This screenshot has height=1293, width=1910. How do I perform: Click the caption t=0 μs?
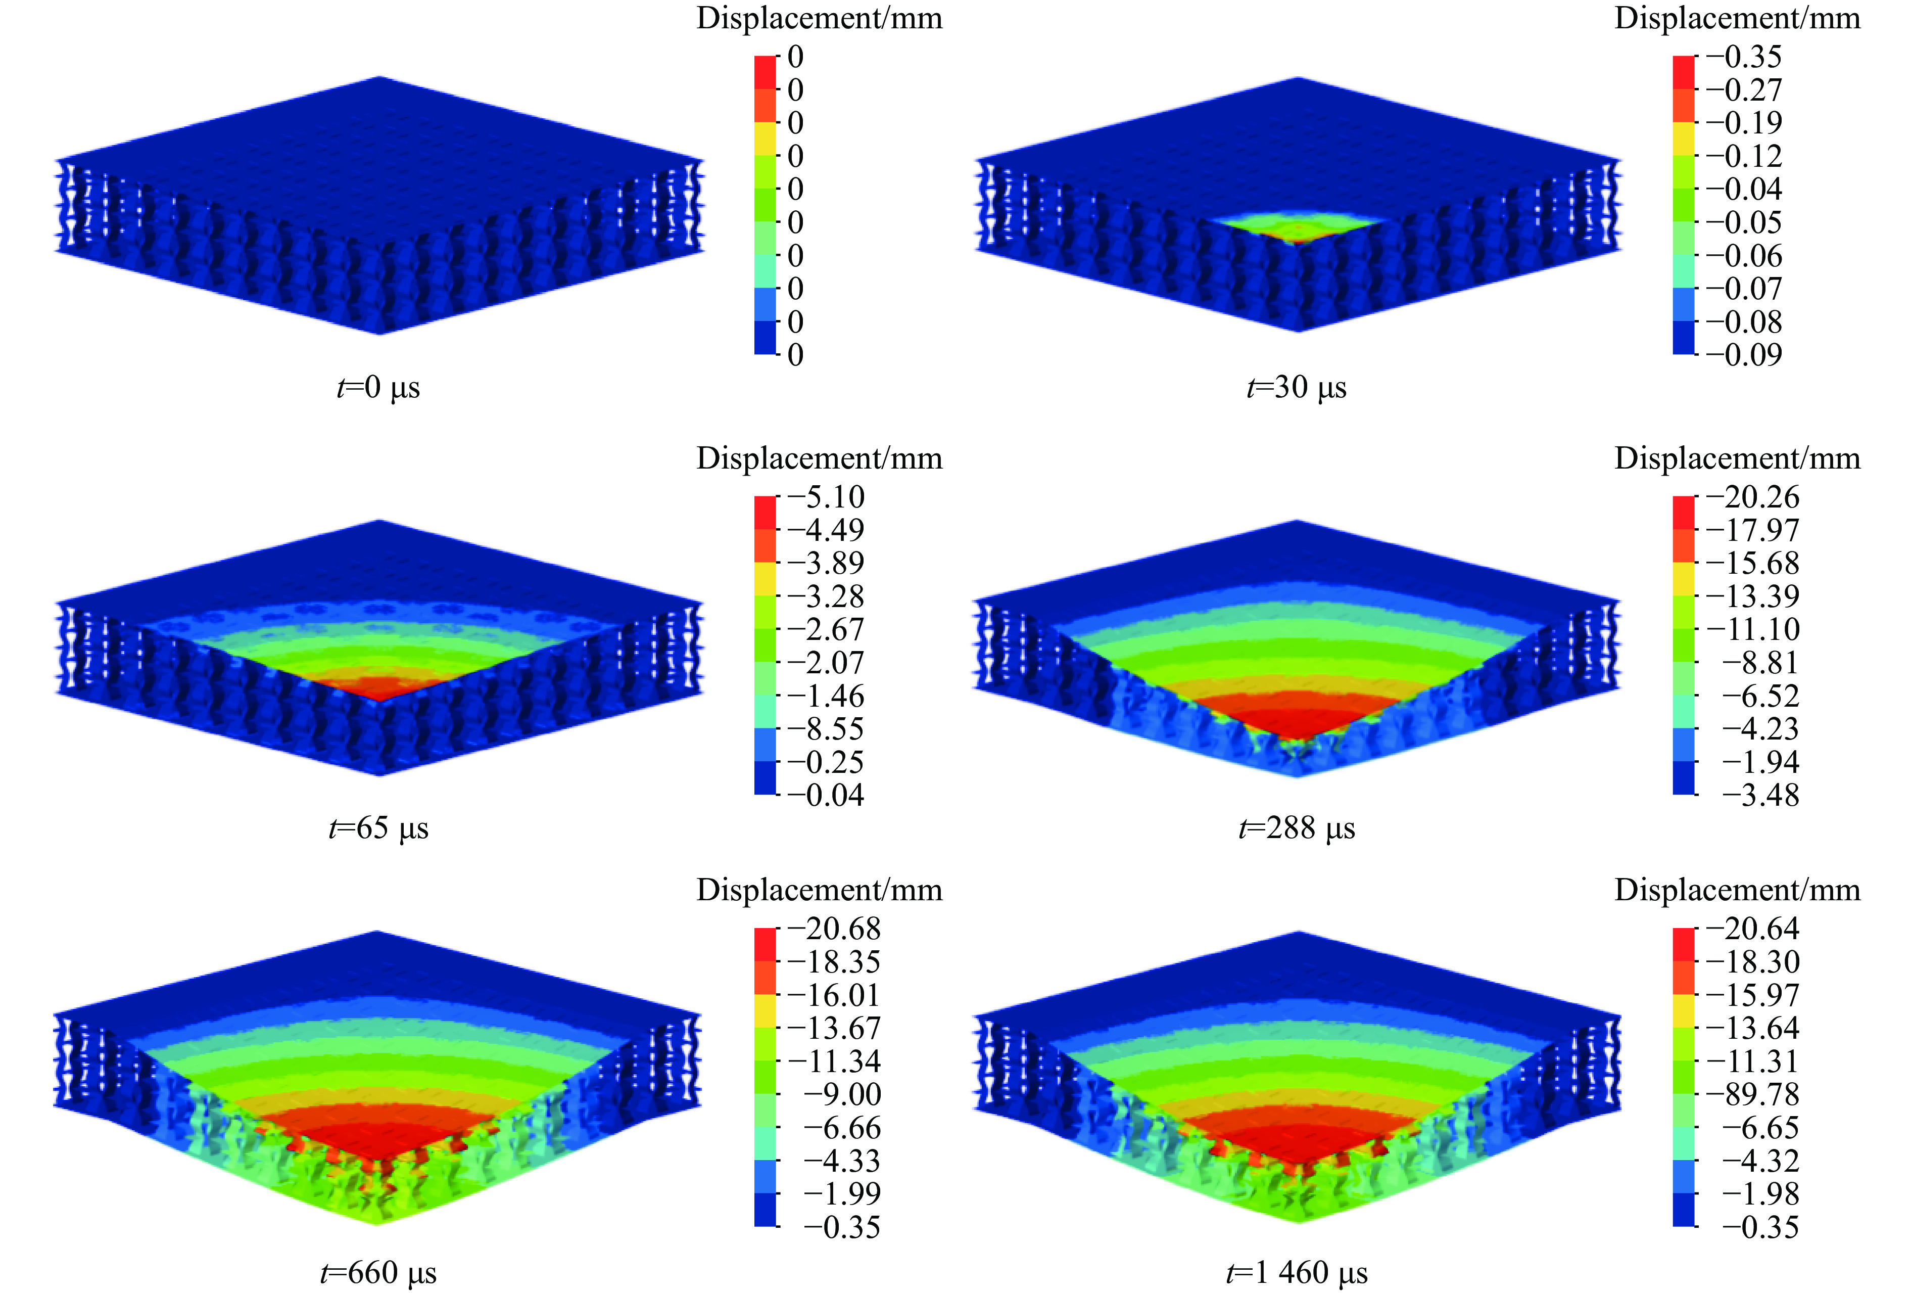(x=378, y=387)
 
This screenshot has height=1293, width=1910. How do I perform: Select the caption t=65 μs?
(x=378, y=828)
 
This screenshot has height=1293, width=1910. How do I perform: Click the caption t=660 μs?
(x=378, y=1272)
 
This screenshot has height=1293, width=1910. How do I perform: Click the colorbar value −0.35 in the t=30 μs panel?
(x=1744, y=57)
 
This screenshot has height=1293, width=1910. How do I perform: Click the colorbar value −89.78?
(x=1752, y=1094)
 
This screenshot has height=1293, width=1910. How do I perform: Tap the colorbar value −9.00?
(x=842, y=1094)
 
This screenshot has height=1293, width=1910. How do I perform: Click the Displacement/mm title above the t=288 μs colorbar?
(x=1737, y=458)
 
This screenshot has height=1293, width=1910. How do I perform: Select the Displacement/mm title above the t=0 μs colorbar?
(x=819, y=18)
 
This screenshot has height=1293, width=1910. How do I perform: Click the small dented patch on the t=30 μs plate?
(x=1297, y=227)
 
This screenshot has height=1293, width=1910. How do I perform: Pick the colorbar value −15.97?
(x=1752, y=995)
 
